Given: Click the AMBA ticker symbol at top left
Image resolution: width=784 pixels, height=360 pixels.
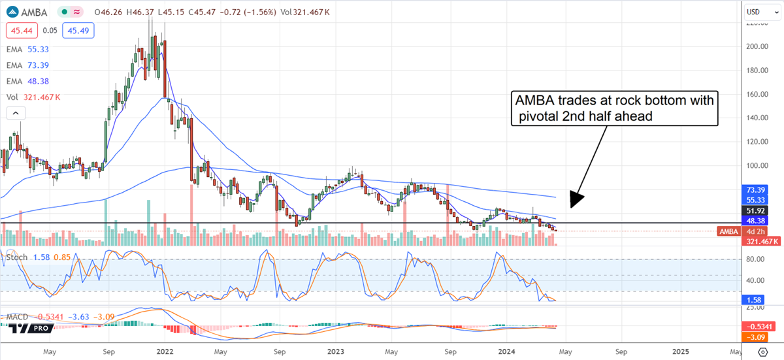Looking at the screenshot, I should pos(33,12).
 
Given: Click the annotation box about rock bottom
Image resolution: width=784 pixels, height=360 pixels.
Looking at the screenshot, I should pos(614,108).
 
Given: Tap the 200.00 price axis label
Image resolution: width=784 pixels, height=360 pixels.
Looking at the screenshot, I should pos(757,47).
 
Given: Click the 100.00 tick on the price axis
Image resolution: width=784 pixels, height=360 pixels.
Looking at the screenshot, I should pos(757,165).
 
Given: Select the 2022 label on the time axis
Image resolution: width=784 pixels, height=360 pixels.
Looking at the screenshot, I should pos(164,350).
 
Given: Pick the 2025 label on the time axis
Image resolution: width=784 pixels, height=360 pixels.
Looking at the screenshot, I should pos(681,350).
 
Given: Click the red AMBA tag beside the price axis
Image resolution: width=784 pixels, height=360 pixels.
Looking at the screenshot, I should pos(728,231).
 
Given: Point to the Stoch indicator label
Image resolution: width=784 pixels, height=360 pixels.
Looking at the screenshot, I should pos(16,257).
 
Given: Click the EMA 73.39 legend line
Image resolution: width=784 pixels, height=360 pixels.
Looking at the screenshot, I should pos(30,64).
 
